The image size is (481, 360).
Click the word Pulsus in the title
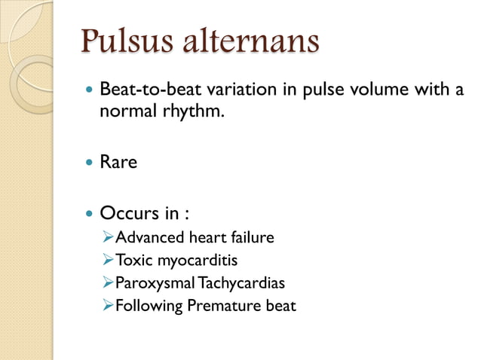pyautogui.click(x=127, y=41)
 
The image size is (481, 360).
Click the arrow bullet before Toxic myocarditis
pyautogui.click(x=107, y=261)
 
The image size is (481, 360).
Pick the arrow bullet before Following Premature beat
pyautogui.click(x=107, y=306)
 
